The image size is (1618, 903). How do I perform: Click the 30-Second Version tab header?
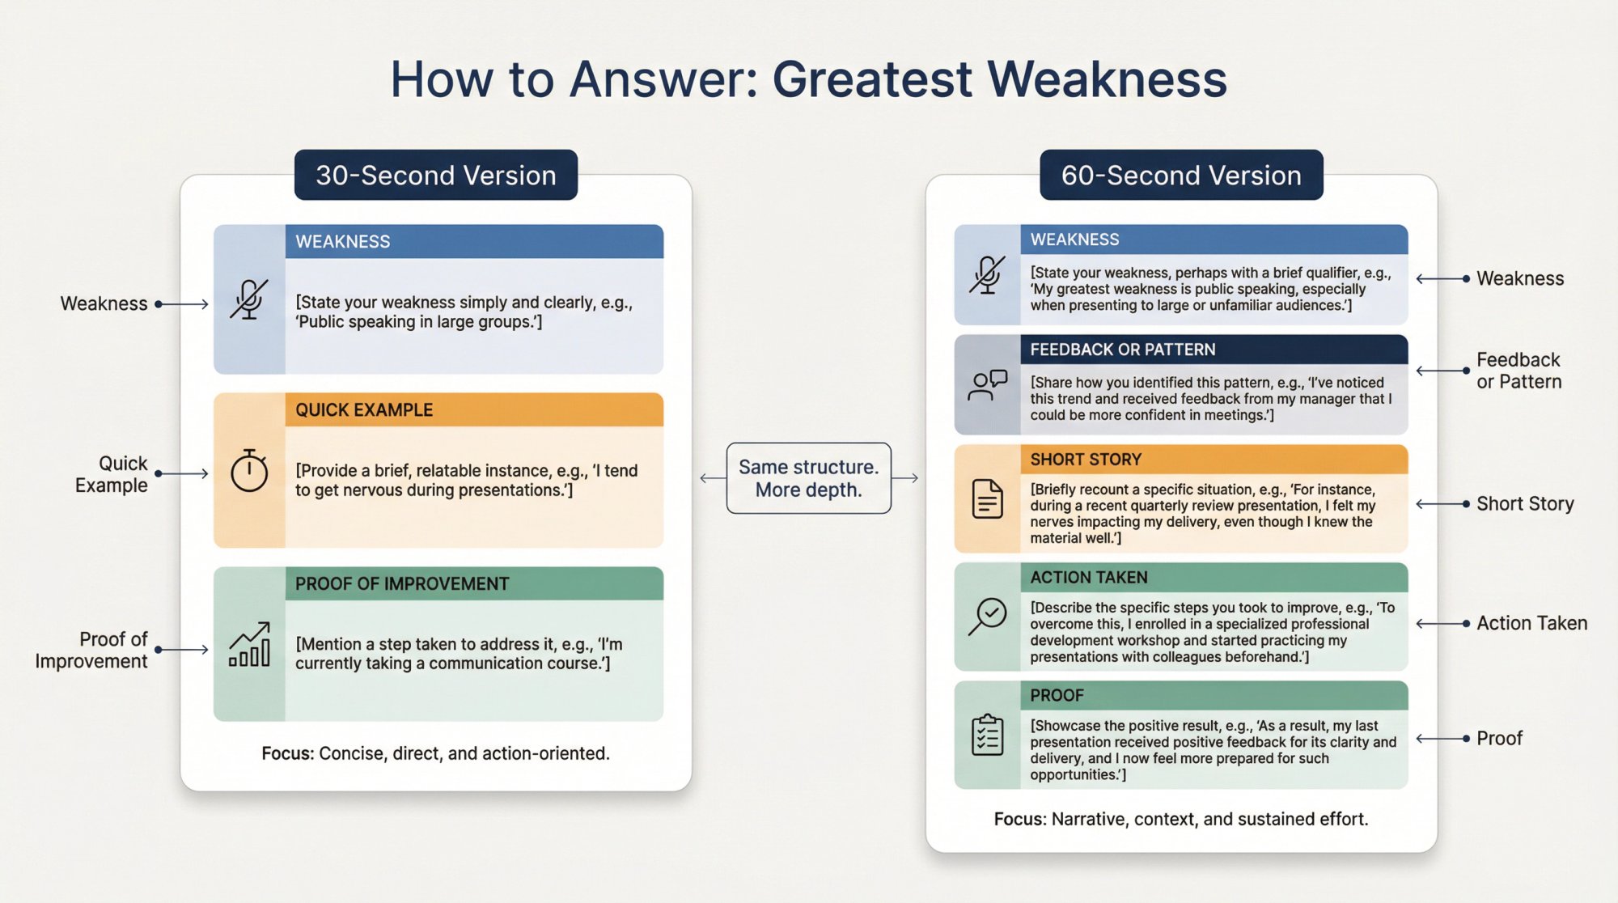(435, 175)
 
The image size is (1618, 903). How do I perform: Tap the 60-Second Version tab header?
(1180, 175)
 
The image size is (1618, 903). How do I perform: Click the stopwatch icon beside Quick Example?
(249, 470)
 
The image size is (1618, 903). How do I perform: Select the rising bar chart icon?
(249, 645)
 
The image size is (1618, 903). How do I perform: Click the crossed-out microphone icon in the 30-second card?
(249, 299)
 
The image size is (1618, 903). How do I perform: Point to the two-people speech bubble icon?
(987, 385)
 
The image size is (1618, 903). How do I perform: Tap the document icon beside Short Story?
(987, 498)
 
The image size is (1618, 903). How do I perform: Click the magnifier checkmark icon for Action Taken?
(987, 617)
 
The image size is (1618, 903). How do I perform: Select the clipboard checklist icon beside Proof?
(987, 735)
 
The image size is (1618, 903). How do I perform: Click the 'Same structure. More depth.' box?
(808, 478)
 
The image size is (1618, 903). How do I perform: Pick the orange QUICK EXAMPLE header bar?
(473, 409)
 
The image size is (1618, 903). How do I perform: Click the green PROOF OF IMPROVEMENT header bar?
(473, 583)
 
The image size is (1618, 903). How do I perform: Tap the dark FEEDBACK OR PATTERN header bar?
(1213, 350)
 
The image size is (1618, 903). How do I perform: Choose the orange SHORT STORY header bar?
(1213, 459)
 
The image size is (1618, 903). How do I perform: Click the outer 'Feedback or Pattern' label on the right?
(1518, 371)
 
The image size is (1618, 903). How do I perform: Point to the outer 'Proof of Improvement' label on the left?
(91, 650)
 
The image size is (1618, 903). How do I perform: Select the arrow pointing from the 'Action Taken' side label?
(1442, 623)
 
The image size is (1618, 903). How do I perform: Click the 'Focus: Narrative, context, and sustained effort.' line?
(1180, 819)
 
